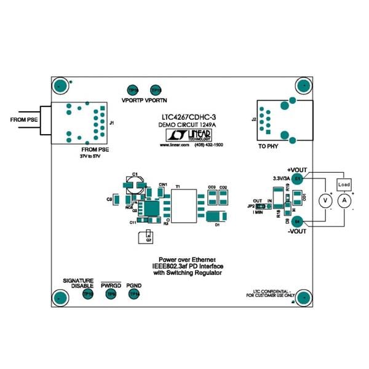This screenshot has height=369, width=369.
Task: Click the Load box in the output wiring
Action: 344,184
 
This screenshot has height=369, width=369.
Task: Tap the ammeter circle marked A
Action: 345,200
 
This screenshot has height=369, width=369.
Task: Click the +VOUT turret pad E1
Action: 297,178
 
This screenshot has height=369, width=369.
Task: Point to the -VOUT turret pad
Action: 297,221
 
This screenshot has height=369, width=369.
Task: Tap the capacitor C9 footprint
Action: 117,199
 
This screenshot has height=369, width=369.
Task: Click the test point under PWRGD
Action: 111,296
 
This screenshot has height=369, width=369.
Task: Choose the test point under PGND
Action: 133,296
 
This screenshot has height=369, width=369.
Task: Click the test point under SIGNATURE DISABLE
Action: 87,296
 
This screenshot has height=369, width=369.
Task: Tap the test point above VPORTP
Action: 133,90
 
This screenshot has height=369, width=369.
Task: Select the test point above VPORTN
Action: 156,90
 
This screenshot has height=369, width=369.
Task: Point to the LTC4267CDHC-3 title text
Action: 184,116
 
